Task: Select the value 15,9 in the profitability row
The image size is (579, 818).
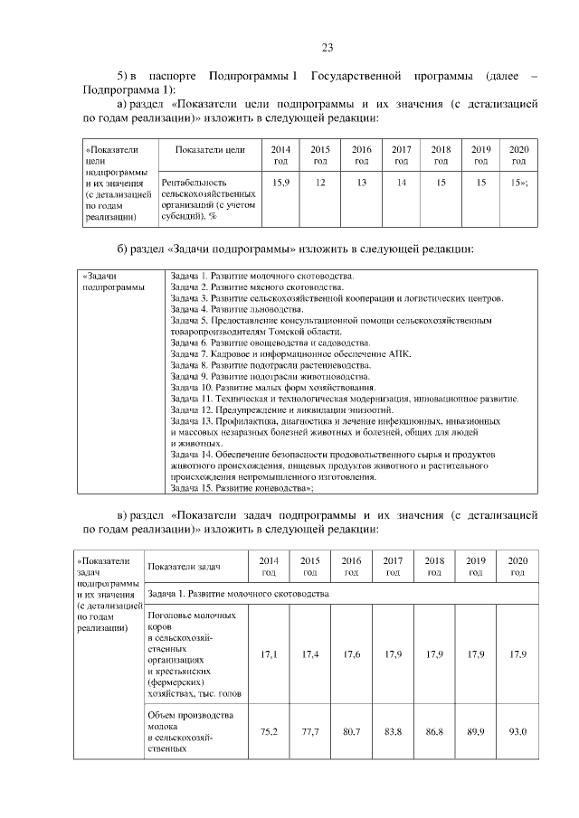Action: (280, 183)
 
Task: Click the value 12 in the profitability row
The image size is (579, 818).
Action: (320, 183)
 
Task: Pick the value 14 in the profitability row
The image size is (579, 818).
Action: (401, 183)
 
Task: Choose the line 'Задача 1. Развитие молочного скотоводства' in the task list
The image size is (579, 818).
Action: (262, 276)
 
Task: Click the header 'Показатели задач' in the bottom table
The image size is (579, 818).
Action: (185, 566)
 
